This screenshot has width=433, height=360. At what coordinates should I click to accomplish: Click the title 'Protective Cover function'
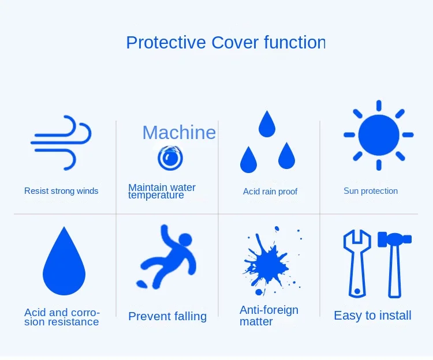tap(226, 42)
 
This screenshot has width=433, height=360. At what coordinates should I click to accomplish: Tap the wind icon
tap(61, 142)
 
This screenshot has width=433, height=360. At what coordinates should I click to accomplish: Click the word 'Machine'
tap(179, 133)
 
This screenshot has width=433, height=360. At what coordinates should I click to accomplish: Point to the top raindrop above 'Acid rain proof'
tap(267, 124)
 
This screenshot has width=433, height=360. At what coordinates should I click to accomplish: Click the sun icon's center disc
tap(379, 135)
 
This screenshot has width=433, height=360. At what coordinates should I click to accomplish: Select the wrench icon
tap(357, 264)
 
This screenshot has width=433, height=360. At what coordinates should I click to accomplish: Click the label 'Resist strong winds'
tap(61, 191)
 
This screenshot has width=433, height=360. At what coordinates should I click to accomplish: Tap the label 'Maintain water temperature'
tap(162, 191)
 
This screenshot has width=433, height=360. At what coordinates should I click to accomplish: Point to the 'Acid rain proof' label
tap(270, 192)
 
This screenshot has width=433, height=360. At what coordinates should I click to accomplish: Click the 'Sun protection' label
tap(371, 191)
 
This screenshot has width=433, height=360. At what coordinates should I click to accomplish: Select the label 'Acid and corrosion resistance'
tap(62, 317)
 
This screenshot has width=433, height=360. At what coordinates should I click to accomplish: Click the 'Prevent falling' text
tap(167, 316)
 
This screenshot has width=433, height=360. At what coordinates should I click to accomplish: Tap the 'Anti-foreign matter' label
tap(269, 316)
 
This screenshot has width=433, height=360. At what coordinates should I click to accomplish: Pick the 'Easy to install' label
tap(372, 316)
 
